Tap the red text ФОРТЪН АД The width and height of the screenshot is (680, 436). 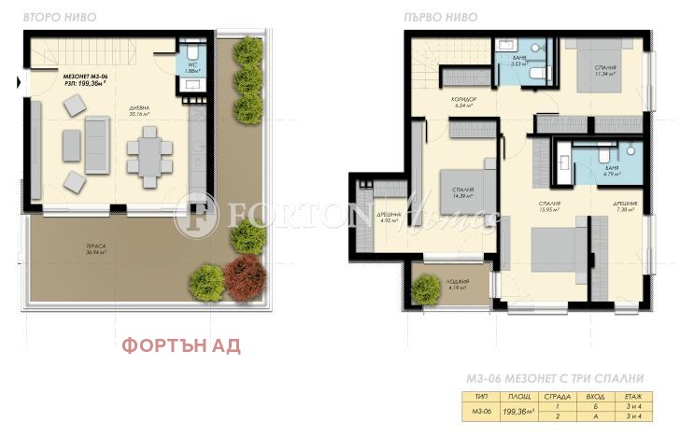181,345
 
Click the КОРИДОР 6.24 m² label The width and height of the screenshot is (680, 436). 464,101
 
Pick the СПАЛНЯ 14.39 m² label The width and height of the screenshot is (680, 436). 461,192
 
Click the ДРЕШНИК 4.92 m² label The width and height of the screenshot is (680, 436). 390,218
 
